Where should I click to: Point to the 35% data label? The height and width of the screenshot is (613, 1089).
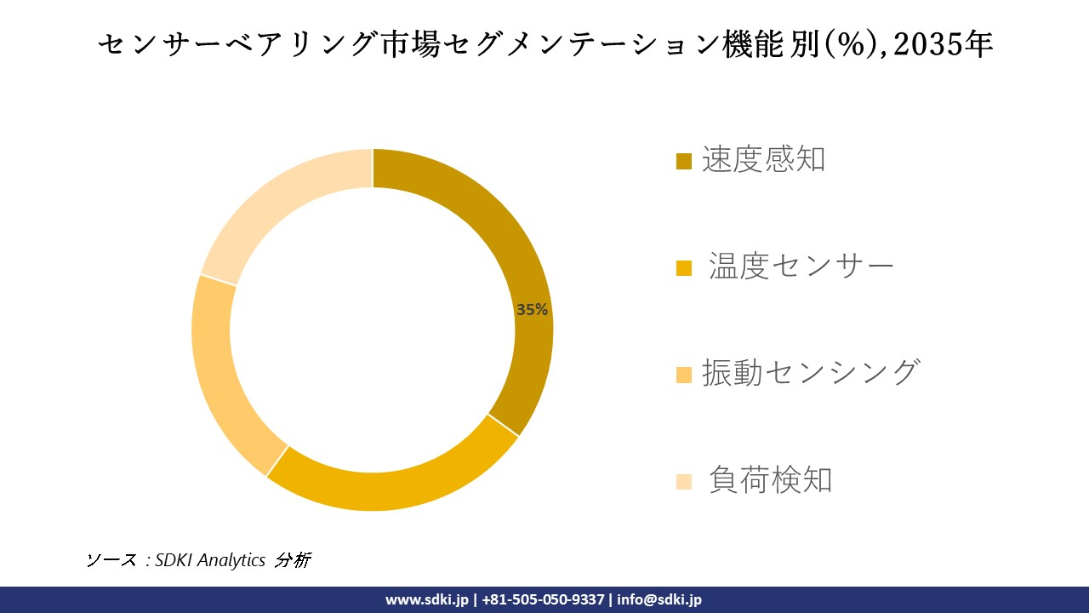pos(532,310)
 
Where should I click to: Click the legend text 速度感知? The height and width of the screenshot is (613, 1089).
pos(763,159)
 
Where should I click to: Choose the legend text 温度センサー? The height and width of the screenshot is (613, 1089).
pos(801,266)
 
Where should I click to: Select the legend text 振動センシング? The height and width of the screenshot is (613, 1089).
pos(810,373)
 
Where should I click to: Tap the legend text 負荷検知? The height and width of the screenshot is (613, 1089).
pos(770,480)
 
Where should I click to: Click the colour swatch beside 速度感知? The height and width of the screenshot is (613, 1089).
pos(684,161)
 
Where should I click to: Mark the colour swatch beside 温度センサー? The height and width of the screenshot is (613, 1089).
pos(684,268)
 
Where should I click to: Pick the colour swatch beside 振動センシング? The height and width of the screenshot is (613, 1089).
pos(684,375)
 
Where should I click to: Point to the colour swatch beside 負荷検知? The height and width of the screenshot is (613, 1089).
pos(684,482)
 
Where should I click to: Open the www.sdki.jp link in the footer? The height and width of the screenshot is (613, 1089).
pos(427,599)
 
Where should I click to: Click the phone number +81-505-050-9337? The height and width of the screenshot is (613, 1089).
pos(543,599)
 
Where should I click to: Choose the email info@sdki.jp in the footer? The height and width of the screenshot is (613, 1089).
pos(659,599)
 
